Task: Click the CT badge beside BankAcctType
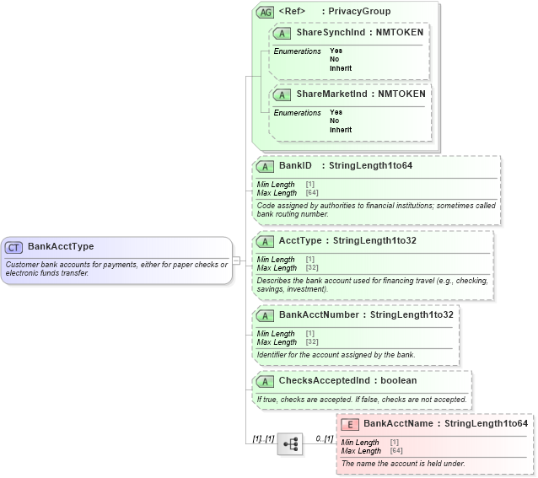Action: [x=14, y=247]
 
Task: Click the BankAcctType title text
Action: [x=61, y=247]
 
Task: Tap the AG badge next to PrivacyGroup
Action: [x=265, y=12]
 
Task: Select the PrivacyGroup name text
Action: [x=359, y=12]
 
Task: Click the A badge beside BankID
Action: [x=265, y=165]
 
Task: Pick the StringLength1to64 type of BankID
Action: [x=370, y=165]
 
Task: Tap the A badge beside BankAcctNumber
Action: [x=265, y=314]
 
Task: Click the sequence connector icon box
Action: [x=290, y=444]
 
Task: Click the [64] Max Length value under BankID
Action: [x=311, y=193]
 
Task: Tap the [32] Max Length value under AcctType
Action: [x=311, y=268]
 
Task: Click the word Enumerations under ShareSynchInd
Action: [x=297, y=51]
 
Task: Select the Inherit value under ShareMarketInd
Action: [x=341, y=131]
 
